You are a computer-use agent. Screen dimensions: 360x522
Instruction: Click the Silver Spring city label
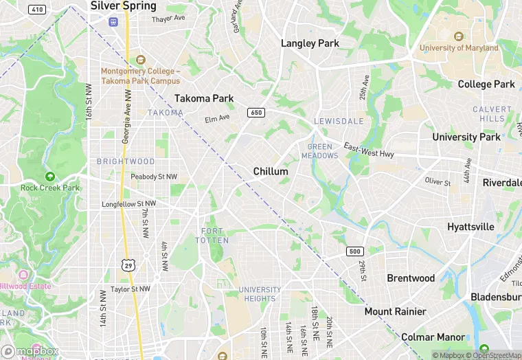pos(124,5)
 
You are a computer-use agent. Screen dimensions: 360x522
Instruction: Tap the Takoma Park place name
pos(204,98)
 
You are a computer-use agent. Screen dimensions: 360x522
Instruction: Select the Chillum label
pos(270,171)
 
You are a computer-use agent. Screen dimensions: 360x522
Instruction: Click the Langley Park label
pos(310,43)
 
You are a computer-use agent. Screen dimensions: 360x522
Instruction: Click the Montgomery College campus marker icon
pos(141,60)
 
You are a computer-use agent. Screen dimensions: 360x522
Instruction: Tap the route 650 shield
pos(256,113)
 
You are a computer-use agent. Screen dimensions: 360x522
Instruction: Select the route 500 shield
pos(354,251)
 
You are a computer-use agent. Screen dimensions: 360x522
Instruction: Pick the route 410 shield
pos(38,10)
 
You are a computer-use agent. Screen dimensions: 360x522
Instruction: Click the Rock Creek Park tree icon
pos(49,177)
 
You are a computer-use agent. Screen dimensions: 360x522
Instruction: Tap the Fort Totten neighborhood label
pos(212,236)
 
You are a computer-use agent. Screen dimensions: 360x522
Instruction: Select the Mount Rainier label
pos(395,311)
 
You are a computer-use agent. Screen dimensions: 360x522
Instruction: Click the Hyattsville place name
pos(470,227)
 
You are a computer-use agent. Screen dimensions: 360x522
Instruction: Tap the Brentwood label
pos(411,278)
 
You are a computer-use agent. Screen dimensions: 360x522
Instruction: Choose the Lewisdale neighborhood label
pos(339,121)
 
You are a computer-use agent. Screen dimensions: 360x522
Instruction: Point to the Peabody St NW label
pos(154,177)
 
